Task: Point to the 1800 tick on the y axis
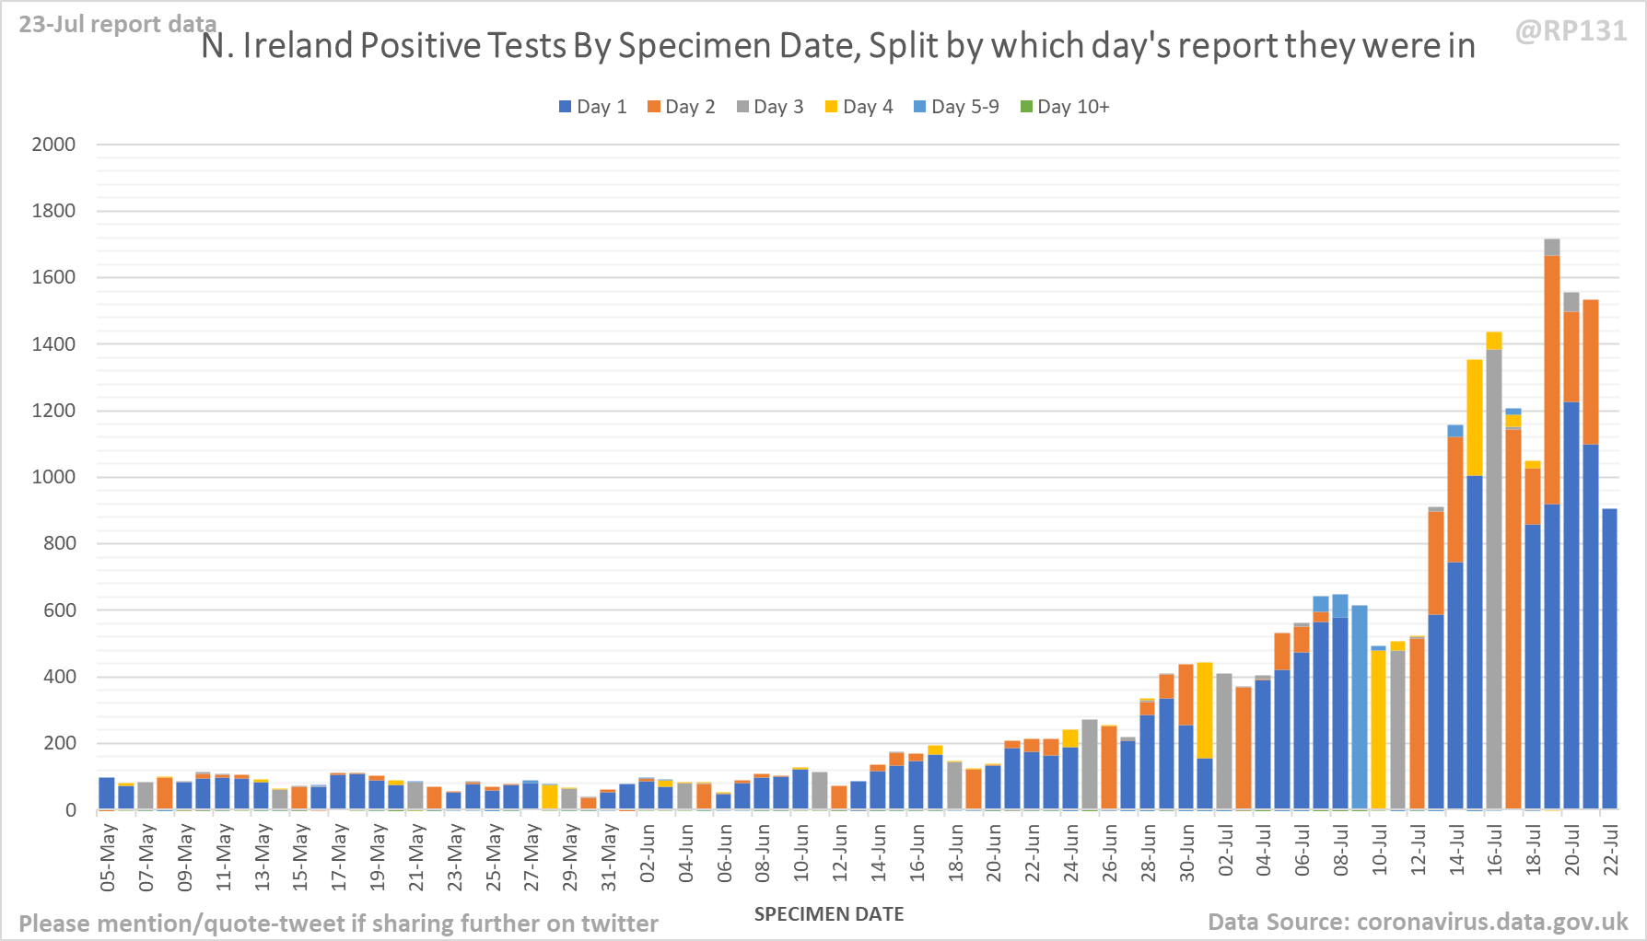(x=53, y=211)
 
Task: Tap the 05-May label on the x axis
(x=108, y=856)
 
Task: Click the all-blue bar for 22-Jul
(x=1609, y=658)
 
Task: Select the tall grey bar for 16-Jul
(x=1494, y=580)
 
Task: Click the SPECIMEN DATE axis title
(x=828, y=914)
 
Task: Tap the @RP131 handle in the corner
(x=1571, y=31)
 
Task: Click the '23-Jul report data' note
(x=117, y=24)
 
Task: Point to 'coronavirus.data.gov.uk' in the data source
(x=1492, y=922)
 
